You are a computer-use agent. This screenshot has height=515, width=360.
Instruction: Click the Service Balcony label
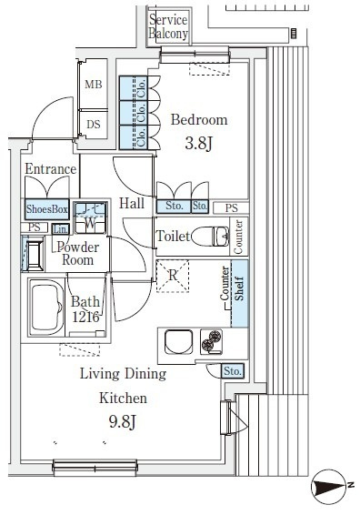[x=168, y=26]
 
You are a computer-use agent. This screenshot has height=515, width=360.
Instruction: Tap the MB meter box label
[x=94, y=85]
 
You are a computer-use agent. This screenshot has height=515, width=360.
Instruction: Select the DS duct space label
[x=94, y=125]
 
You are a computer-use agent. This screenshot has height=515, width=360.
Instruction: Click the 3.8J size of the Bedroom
[x=199, y=143]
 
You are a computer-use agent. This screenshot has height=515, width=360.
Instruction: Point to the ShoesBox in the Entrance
[x=47, y=209]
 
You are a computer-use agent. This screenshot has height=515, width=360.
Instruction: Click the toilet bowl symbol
[x=210, y=237]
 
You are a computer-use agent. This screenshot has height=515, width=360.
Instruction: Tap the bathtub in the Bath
[x=46, y=308]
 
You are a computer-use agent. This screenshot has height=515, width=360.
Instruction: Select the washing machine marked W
[x=90, y=217]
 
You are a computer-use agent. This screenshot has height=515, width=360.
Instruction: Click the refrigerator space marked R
[x=173, y=276]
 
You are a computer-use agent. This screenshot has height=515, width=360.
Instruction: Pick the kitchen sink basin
[x=179, y=342]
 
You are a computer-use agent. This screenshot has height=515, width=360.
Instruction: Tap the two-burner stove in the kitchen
[x=211, y=342]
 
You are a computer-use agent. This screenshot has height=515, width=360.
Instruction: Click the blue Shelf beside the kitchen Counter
[x=240, y=293]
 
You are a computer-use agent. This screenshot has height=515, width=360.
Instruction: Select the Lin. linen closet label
[x=61, y=229]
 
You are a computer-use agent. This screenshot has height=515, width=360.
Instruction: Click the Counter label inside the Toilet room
[x=238, y=237]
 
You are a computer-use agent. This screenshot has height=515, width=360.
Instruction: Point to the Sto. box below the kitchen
[x=233, y=371]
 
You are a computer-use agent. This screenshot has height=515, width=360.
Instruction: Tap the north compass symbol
[x=330, y=487]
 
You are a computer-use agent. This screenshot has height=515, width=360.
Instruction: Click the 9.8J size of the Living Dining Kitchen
[x=123, y=421]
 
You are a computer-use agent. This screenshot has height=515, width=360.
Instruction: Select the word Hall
[x=132, y=203]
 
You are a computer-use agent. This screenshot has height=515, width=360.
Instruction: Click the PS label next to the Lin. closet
[x=35, y=227]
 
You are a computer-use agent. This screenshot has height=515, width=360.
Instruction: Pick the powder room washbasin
[x=33, y=254]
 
